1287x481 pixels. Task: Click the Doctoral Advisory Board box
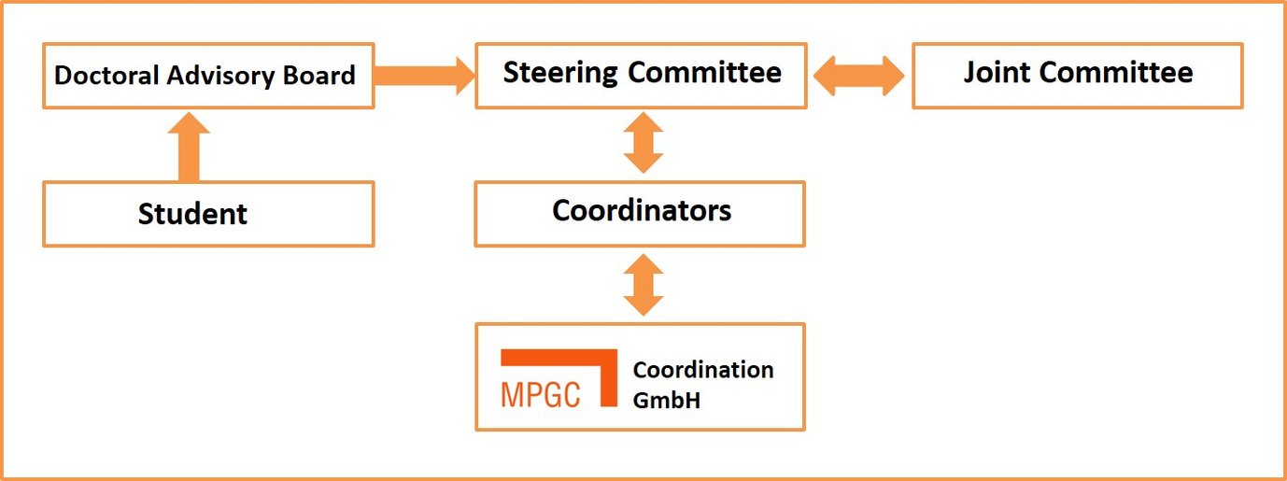point(208,75)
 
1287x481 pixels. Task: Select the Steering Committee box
point(641,75)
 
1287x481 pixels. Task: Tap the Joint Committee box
point(1077,75)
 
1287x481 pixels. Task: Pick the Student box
point(208,214)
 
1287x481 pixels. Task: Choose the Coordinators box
point(640,213)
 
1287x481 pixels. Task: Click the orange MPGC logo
point(559,379)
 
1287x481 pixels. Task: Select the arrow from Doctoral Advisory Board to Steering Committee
point(425,75)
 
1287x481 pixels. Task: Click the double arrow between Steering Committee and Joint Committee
point(859,75)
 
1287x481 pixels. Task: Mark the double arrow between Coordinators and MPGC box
point(643,285)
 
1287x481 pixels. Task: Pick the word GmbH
point(667,400)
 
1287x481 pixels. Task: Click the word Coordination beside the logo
point(703,370)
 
